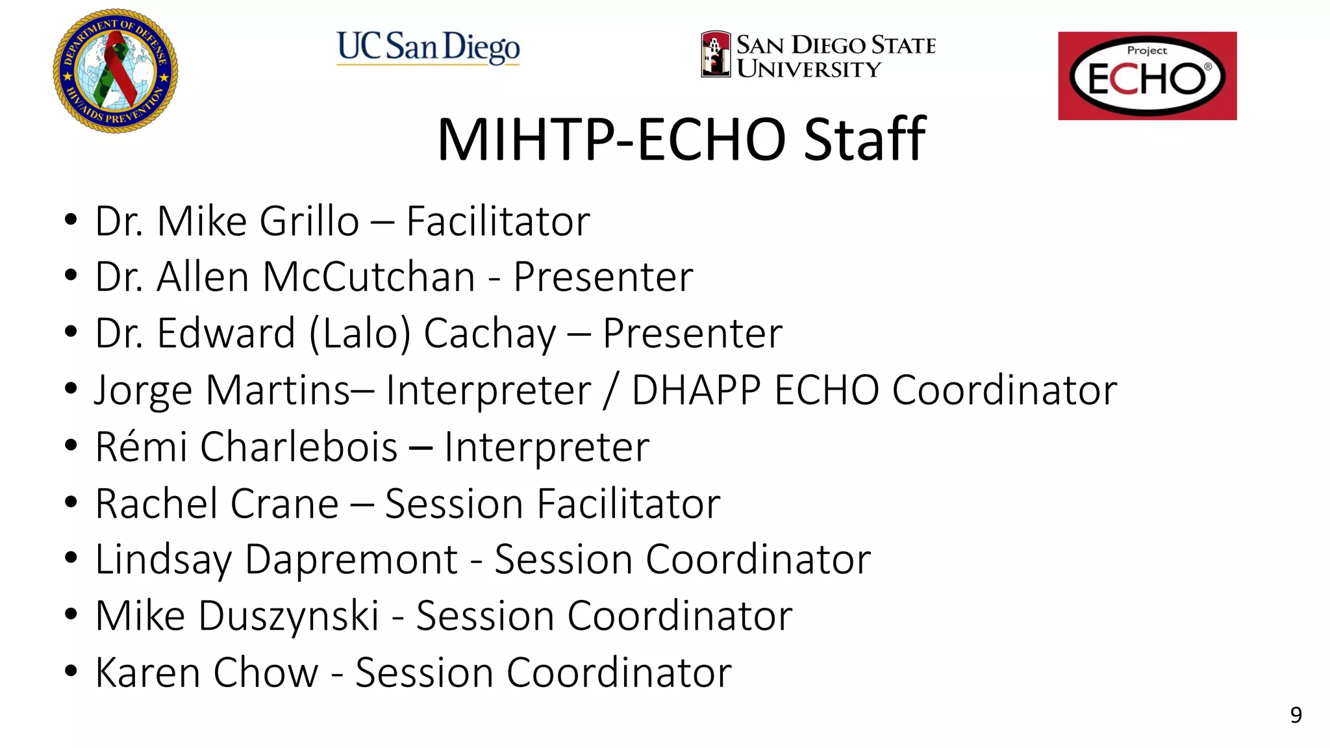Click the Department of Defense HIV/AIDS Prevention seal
[116, 71]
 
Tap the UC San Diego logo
[428, 47]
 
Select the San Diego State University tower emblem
[716, 55]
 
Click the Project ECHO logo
[1147, 76]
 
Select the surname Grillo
[309, 221]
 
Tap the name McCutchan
[369, 277]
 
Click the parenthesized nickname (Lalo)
[360, 334]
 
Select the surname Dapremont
[351, 559]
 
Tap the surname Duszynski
[289, 616]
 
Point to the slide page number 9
[1296, 715]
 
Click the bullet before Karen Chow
[71, 671]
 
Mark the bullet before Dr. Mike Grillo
[71, 220]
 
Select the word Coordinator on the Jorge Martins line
[1004, 390]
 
